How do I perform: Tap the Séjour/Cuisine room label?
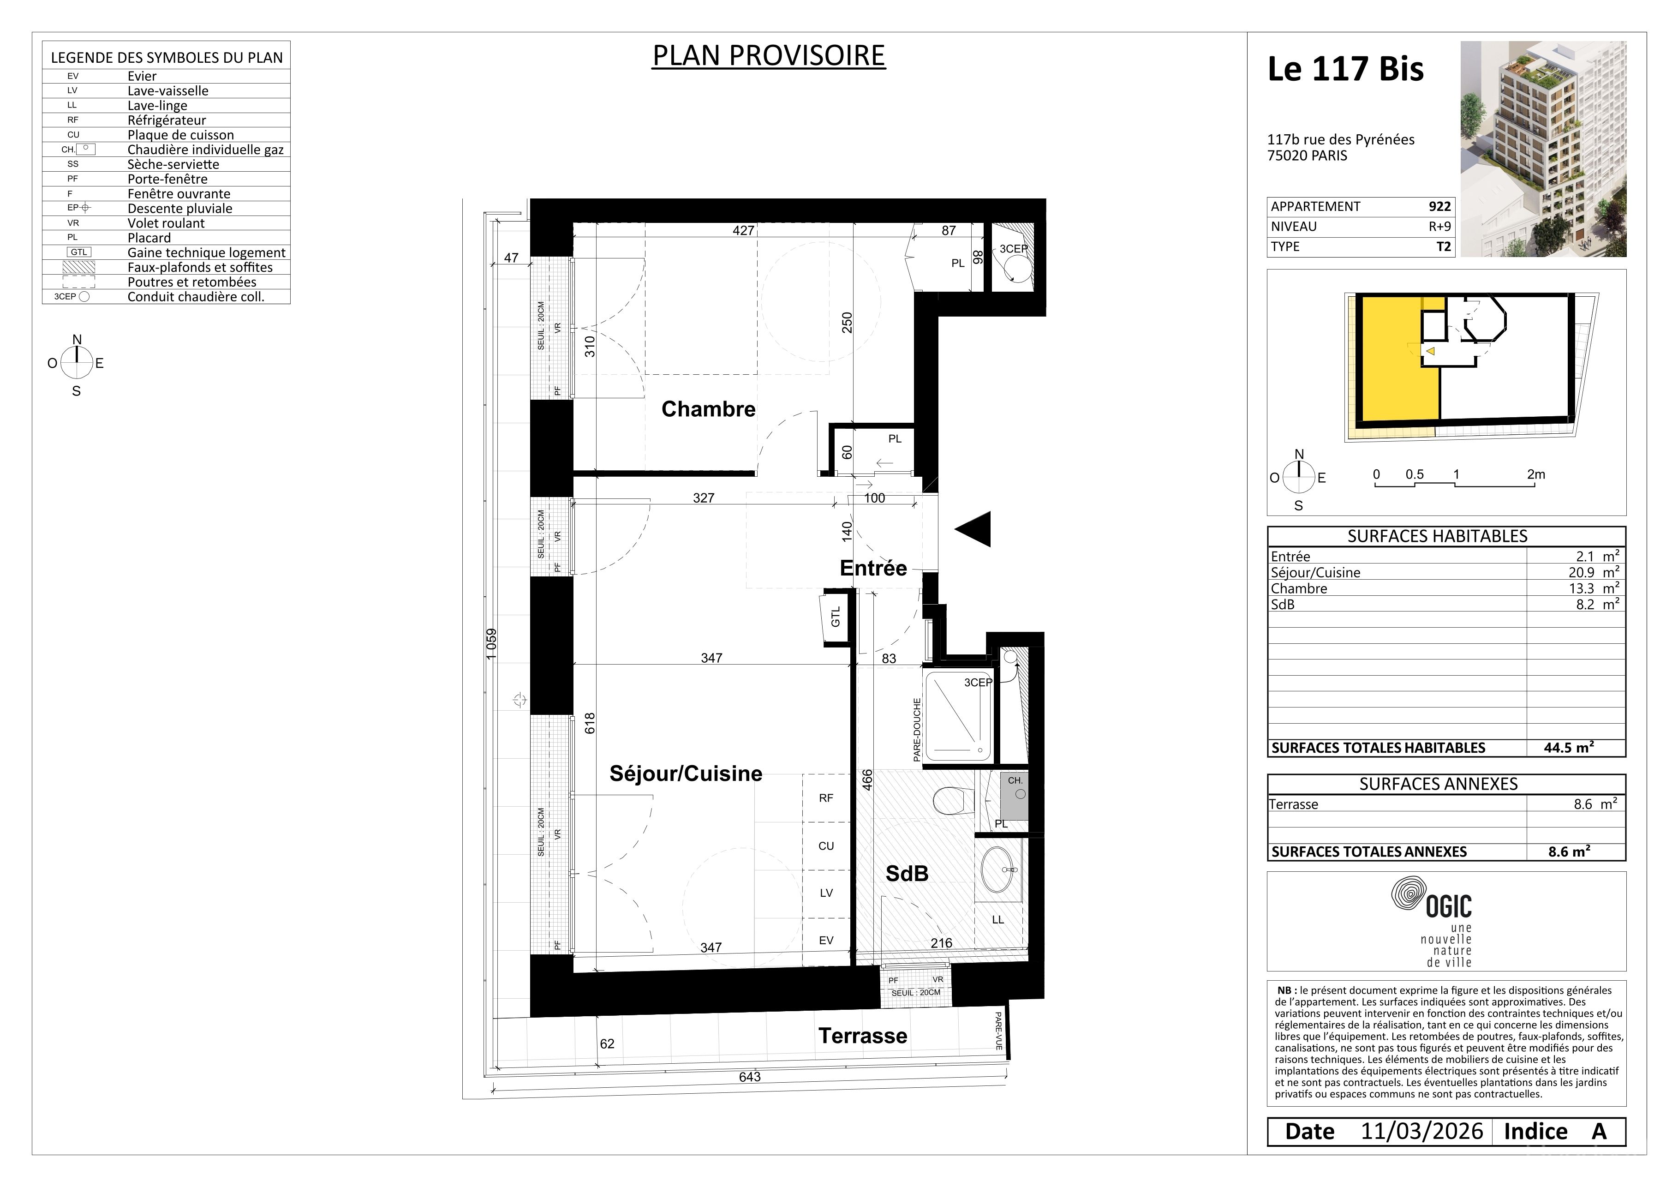686,773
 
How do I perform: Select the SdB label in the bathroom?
907,874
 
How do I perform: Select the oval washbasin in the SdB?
1001,870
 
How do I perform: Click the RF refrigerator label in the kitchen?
826,798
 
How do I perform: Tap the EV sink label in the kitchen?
826,941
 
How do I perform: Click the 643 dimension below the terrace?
750,1077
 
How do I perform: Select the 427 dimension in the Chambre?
743,230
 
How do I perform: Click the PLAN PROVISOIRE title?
769,55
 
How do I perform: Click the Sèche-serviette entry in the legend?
173,164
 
